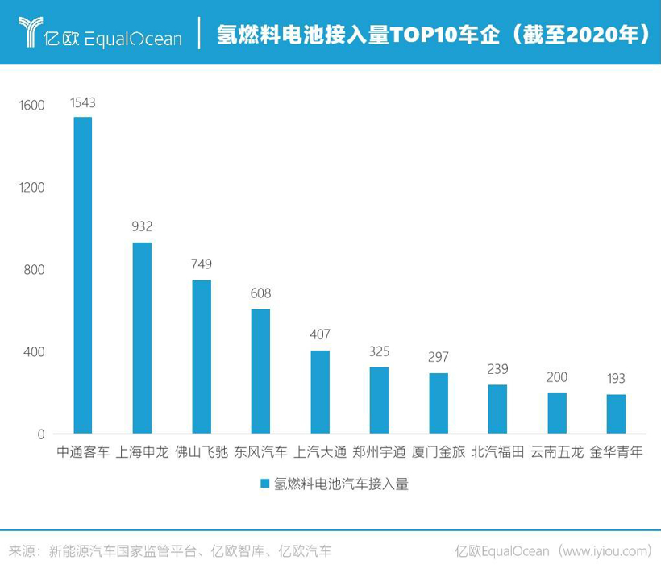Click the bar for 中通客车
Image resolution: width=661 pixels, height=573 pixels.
[83, 276]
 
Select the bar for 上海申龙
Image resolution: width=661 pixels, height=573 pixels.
[142, 338]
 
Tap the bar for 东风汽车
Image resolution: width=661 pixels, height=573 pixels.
[260, 371]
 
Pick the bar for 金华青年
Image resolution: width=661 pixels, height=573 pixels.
[616, 413]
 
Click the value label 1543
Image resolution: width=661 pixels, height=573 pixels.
[83, 102]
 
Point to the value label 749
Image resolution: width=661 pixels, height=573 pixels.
[202, 264]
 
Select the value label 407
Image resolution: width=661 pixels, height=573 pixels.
[320, 334]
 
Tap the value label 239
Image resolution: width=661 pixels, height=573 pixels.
[497, 369]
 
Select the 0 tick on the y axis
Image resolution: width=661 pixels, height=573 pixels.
[41, 434]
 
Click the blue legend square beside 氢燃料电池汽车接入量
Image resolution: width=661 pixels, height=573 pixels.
[264, 484]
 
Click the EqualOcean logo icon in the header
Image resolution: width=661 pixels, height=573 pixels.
[31, 32]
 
